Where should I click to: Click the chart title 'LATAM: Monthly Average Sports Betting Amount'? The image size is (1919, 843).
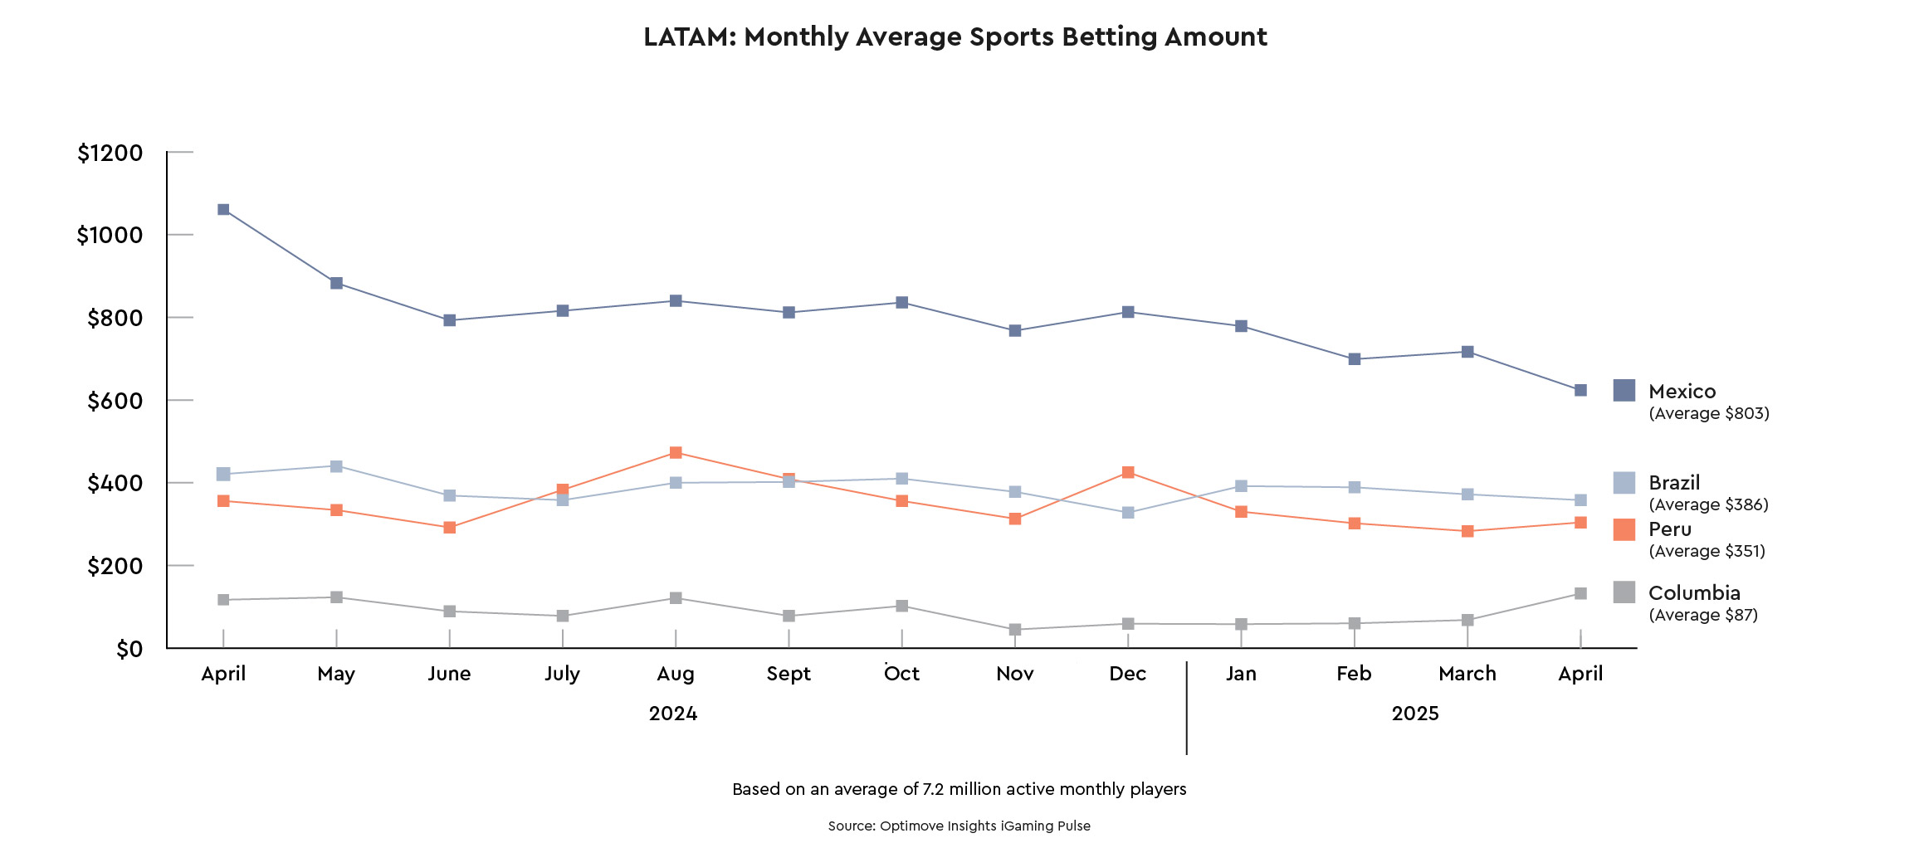955,37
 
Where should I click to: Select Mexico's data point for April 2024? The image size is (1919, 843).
223,210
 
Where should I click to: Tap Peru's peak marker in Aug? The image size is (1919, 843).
676,453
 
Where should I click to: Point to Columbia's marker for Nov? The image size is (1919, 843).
1014,630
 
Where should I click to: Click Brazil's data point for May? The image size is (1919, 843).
336,466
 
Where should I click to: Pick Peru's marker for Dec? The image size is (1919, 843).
1128,472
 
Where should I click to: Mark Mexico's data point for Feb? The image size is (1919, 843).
1354,359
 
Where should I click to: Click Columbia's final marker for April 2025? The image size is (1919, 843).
1580,594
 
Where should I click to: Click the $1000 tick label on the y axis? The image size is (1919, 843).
110,236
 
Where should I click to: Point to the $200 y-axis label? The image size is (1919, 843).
115,567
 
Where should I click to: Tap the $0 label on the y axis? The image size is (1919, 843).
129,650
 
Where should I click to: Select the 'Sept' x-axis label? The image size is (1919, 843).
789,674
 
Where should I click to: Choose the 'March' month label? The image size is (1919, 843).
1467,674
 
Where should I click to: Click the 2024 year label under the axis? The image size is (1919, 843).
672,714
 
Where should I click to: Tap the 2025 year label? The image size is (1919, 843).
1414,714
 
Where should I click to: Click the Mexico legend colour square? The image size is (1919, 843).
1624,391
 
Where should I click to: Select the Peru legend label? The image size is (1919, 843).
1669,529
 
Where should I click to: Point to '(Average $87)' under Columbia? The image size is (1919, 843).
1702,615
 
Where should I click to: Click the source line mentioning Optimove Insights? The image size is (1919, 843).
959,826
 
